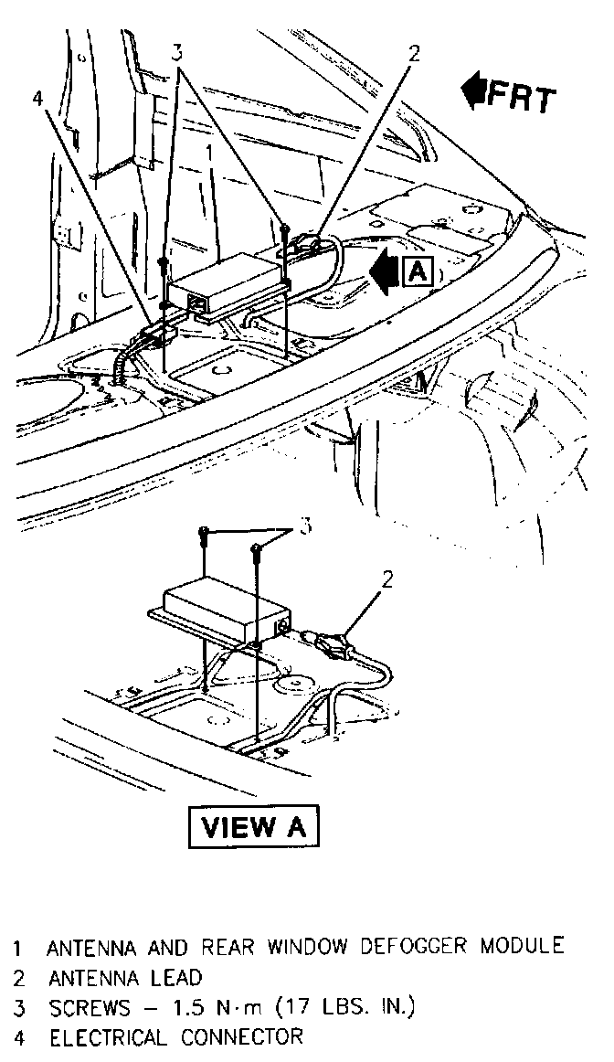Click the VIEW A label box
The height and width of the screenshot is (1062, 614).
[253, 826]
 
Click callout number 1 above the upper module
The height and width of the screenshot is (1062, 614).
[209, 149]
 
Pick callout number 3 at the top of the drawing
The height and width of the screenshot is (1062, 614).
[178, 51]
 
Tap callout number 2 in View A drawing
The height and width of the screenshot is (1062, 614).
[387, 578]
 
